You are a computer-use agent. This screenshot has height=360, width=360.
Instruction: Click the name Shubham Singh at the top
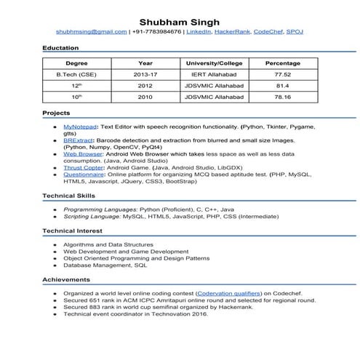point(180,20)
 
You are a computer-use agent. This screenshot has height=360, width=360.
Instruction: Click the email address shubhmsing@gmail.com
point(92,32)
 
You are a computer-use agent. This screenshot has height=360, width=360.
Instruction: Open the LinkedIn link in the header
point(199,32)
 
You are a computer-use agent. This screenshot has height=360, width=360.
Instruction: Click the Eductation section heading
point(60,47)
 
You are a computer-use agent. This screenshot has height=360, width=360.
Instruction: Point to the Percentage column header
point(283,63)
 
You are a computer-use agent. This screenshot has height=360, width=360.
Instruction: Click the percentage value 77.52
point(283,74)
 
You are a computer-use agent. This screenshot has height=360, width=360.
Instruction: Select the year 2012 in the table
point(145,85)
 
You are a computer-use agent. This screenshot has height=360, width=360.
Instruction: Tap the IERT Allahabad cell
point(214,74)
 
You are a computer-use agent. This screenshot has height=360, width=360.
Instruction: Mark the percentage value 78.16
point(283,96)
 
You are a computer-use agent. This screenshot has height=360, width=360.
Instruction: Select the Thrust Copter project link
point(82,167)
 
